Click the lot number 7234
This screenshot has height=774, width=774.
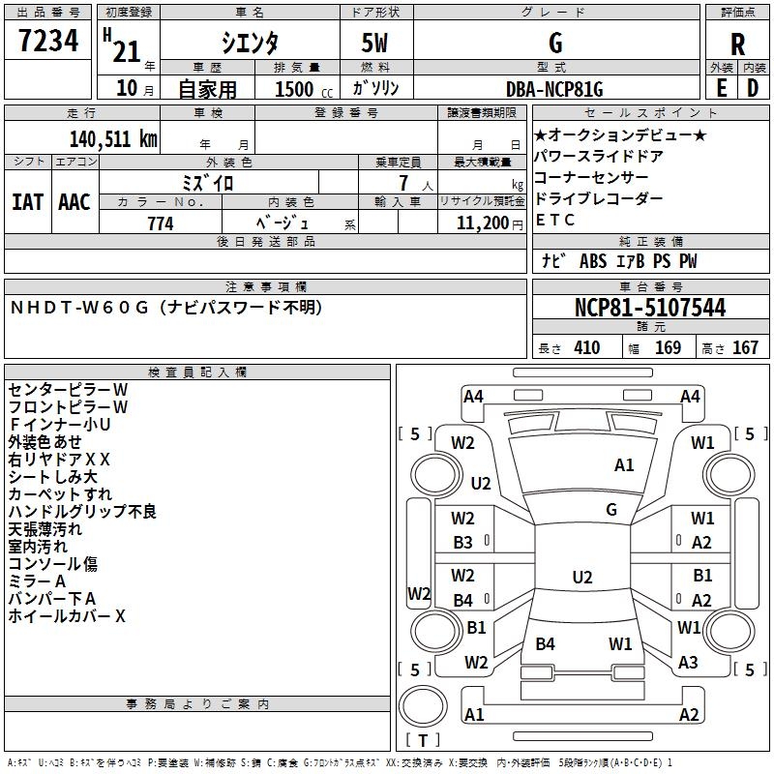pyautogui.click(x=48, y=43)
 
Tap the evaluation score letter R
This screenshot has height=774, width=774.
pyautogui.click(x=738, y=44)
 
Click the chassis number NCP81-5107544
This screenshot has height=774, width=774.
pyautogui.click(x=650, y=309)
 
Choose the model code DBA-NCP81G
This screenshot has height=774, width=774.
pyautogui.click(x=554, y=89)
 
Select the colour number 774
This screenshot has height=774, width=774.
pyautogui.click(x=161, y=223)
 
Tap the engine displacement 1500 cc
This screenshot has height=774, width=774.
pyautogui.click(x=295, y=89)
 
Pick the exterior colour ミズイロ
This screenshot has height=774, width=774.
pyautogui.click(x=208, y=182)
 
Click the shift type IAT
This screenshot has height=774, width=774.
pyautogui.click(x=26, y=202)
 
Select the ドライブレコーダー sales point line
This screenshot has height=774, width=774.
pyautogui.click(x=598, y=198)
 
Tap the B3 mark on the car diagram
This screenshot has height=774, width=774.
pyautogui.click(x=463, y=543)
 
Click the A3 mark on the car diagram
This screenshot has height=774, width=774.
pyautogui.click(x=688, y=663)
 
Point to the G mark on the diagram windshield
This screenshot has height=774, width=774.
pyautogui.click(x=611, y=509)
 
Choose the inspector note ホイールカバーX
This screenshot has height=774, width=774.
pyautogui.click(x=67, y=615)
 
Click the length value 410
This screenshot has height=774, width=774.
pyautogui.click(x=586, y=347)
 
